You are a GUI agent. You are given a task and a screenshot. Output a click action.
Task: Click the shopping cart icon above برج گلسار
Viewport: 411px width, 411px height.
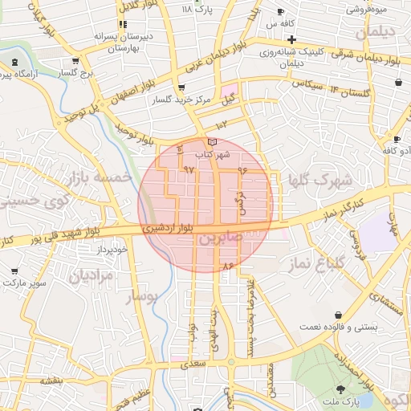pyautogui.click(x=75, y=61)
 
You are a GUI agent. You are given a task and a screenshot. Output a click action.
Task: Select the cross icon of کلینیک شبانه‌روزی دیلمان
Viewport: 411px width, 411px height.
pyautogui.click(x=292, y=39)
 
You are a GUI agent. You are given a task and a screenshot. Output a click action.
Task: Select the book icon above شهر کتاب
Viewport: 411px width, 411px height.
pyautogui.click(x=212, y=142)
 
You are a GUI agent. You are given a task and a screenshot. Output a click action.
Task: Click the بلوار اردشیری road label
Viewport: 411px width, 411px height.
pyautogui.click(x=169, y=228)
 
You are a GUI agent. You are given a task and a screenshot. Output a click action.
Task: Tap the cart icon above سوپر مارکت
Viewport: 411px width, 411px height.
pyautogui.click(x=14, y=271)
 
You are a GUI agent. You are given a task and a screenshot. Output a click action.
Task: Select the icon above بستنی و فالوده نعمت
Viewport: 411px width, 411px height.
pyautogui.click(x=337, y=314)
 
